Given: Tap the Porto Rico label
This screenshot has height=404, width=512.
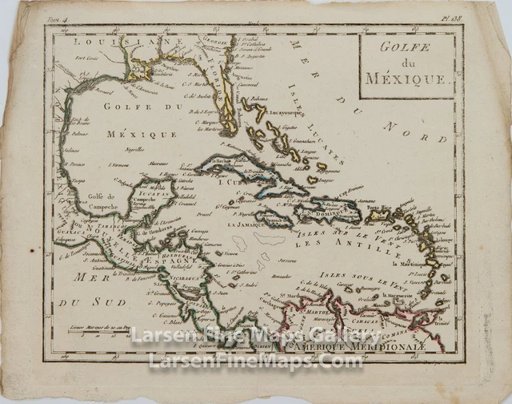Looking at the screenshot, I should pyautogui.click(x=379, y=207).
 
